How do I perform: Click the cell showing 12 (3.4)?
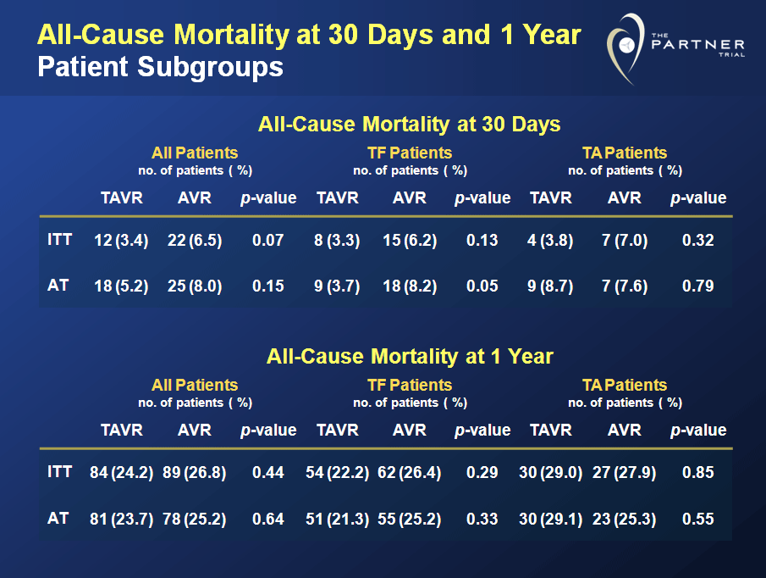click(121, 241)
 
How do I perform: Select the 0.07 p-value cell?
click(268, 241)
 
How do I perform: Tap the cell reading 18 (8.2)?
click(410, 286)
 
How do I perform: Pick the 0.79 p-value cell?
click(698, 286)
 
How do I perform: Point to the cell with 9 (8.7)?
click(550, 286)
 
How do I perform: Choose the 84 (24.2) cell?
click(121, 473)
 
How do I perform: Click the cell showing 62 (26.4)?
click(410, 473)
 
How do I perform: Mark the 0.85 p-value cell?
click(698, 473)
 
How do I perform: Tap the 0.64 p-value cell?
click(268, 519)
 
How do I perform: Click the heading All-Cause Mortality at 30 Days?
click(410, 125)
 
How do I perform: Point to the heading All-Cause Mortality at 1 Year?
click(410, 357)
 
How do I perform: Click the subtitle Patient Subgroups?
click(160, 66)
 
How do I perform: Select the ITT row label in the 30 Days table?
click(60, 240)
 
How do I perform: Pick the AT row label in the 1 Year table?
click(57, 518)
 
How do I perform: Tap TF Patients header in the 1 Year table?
click(410, 386)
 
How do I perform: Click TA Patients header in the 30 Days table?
click(625, 153)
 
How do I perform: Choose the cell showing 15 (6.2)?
click(410, 241)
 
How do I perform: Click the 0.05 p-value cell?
click(482, 286)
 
